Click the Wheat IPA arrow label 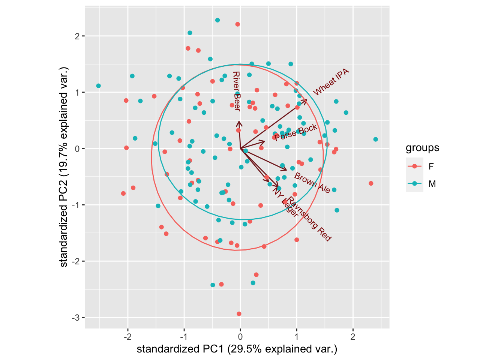tap(331, 82)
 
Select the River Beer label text tap(236, 91)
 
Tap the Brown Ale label tap(312, 183)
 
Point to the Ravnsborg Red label tap(309, 219)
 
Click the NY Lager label tap(285, 202)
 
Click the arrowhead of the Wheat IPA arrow tap(306, 100)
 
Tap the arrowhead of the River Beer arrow tap(238, 122)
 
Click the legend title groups tap(422, 148)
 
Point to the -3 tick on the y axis tap(76, 318)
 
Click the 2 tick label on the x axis tap(353, 336)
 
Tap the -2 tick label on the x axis tap(127, 336)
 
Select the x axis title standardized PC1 tap(237, 349)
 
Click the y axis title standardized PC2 tap(64, 167)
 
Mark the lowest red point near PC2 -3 tap(239, 314)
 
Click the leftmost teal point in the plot tap(98, 86)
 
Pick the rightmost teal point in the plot tap(376, 139)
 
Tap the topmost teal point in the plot tap(217, 20)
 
